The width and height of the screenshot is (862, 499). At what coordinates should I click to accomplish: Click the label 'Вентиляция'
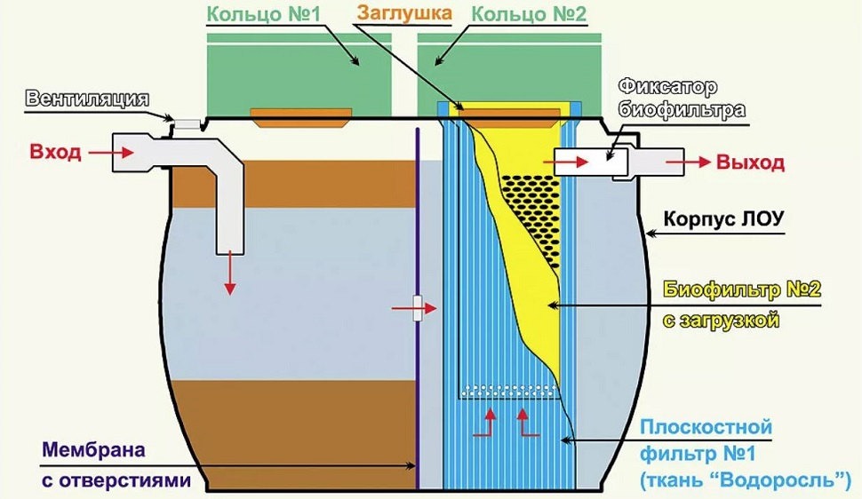pyautogui.click(x=86, y=98)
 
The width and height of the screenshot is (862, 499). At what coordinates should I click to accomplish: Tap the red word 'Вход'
pyautogui.click(x=55, y=152)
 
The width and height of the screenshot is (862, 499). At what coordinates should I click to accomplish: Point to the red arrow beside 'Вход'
pyautogui.click(x=107, y=153)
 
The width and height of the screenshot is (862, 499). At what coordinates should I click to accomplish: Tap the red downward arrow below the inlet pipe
pyautogui.click(x=229, y=275)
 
